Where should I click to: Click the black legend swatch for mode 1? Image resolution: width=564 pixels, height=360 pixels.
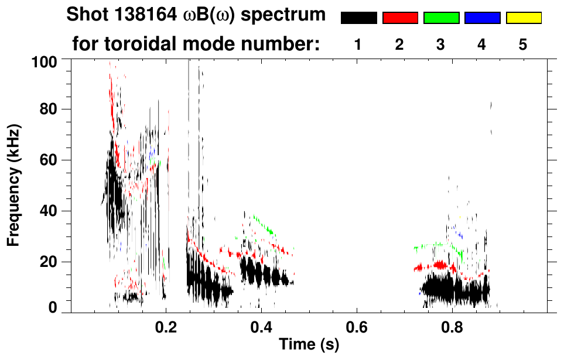[x=358, y=18]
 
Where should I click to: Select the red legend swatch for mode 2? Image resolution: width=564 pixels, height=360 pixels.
[x=400, y=18]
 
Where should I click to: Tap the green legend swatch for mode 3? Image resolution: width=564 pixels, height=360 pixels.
[x=441, y=18]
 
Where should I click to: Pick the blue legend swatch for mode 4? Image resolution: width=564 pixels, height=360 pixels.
[x=482, y=18]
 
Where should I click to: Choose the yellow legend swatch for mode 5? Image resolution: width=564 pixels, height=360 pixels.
[x=523, y=18]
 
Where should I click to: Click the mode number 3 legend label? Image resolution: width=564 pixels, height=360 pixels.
[x=440, y=44]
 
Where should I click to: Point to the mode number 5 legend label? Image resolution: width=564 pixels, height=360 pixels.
[x=523, y=44]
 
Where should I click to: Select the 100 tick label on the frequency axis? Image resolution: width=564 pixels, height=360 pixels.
[x=45, y=61]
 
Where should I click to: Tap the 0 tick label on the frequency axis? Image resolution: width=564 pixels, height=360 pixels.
[x=53, y=308]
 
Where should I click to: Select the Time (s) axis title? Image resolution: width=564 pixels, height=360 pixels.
[x=308, y=345]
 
